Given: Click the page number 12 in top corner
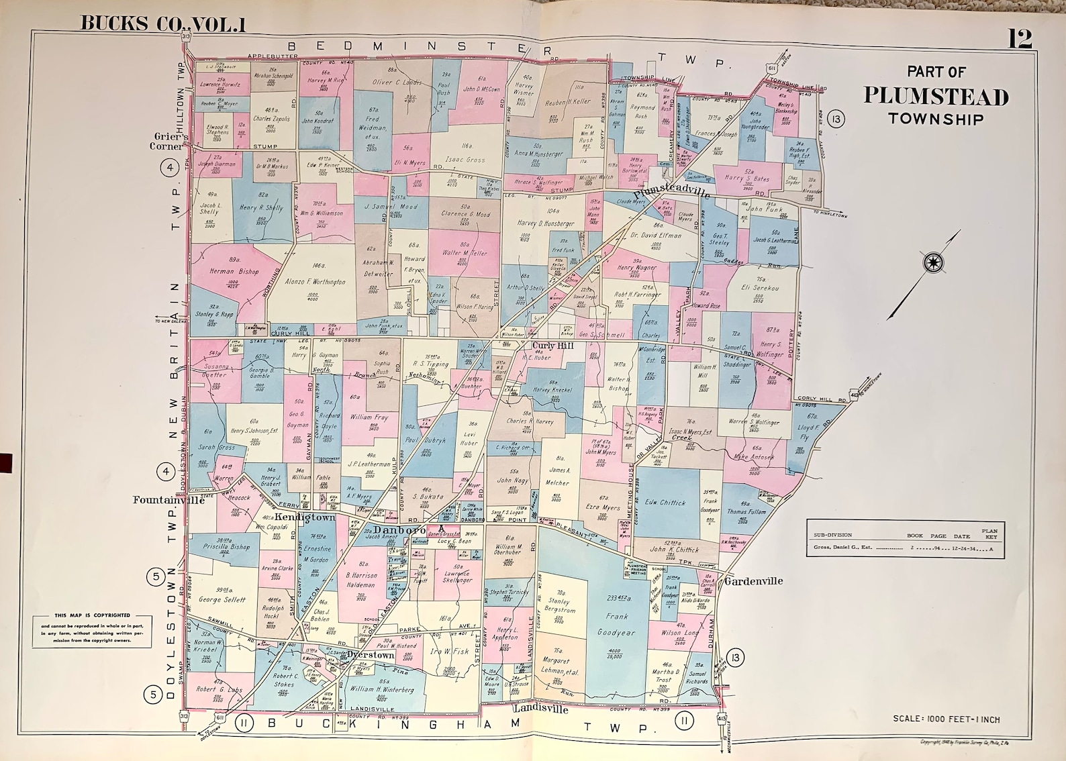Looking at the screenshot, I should [1019, 38].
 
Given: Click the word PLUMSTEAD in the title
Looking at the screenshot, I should [936, 97].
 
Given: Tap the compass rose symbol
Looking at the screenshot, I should [932, 262].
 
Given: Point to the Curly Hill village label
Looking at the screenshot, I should [552, 346].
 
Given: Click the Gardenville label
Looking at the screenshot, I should [753, 581].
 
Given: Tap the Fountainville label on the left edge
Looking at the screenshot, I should [168, 499].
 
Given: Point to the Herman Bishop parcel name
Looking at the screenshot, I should [234, 272].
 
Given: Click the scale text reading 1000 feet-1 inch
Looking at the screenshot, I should [946, 719].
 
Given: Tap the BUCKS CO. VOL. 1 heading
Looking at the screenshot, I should [163, 23].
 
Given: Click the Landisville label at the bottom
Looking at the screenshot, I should [540, 709].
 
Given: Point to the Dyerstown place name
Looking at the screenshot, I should [371, 655].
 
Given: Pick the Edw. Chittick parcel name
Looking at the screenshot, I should [665, 502].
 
